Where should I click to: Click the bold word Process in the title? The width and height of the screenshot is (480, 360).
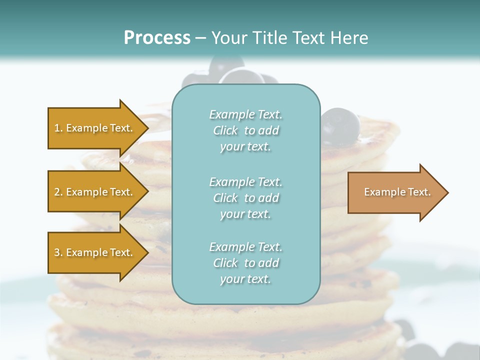pos(157,37)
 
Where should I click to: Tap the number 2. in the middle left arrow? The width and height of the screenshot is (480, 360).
pos(58,192)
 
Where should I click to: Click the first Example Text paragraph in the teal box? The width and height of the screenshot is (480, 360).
pos(245,130)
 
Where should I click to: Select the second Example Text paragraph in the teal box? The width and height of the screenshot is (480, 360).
pos(245,198)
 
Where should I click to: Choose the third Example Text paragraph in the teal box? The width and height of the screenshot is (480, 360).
pos(245,263)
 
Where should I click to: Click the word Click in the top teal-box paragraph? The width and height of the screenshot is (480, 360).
pos(225,130)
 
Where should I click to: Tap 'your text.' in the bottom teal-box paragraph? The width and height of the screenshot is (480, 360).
pos(245,279)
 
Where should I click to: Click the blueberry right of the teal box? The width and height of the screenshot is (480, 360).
pos(340,124)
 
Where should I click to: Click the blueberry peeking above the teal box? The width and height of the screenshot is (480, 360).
pos(241,76)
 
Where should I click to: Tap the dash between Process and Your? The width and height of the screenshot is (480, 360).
pos(200,38)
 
